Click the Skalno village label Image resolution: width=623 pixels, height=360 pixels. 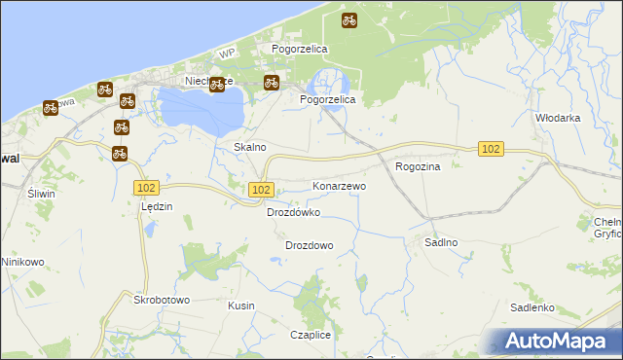pos(250,147)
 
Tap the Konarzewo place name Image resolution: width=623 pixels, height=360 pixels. pos(339,185)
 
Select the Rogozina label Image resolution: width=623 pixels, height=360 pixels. pos(419,166)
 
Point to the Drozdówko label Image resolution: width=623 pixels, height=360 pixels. pos(293,212)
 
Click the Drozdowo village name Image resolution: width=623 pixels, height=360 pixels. pos(310,245)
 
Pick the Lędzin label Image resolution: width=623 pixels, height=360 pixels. pos(157,206)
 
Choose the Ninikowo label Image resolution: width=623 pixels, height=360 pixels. pos(23,262)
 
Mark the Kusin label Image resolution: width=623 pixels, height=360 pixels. pos(240,306)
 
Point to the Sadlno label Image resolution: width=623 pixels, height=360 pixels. pos(441,242)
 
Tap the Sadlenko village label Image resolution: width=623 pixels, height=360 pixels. pos(532,307)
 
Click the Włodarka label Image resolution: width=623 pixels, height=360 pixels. pos(558,117)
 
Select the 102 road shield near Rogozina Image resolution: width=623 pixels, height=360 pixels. pos(491,148)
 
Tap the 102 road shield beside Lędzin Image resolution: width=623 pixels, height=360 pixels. pos(147,187)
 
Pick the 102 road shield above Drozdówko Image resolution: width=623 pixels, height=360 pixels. pos(260,190)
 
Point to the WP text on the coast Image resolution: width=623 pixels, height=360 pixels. pos(228,52)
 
